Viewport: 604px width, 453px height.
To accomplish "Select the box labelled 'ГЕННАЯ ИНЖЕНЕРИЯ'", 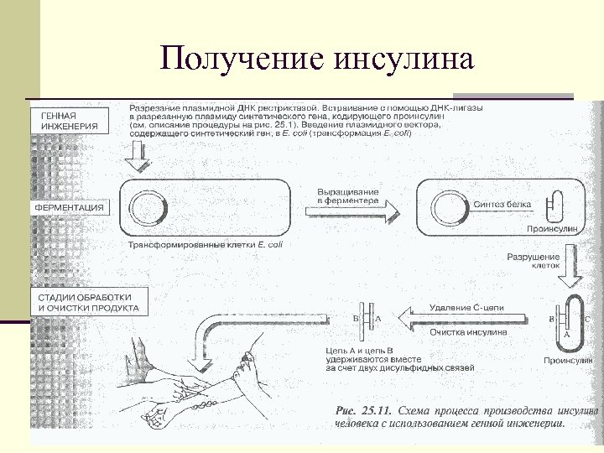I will pos(70,121).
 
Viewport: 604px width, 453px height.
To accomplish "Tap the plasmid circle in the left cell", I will pos(144,206).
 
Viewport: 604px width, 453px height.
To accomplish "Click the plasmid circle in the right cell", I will pos(448,206).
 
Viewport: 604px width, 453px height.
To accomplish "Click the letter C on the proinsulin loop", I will pos(586,319).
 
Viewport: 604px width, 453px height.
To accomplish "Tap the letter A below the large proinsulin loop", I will pos(567,334).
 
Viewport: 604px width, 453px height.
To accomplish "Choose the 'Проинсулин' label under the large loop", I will pos(568,361).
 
